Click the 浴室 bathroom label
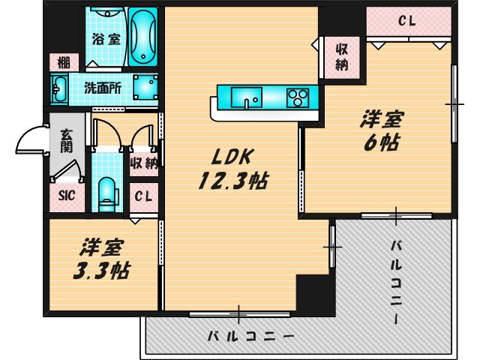(x=106, y=40)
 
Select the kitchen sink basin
(x=246, y=97)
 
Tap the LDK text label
(x=234, y=157)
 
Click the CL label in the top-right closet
(x=407, y=21)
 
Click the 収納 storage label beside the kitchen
(x=341, y=57)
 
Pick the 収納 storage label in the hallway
(x=144, y=163)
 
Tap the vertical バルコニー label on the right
(x=397, y=282)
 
